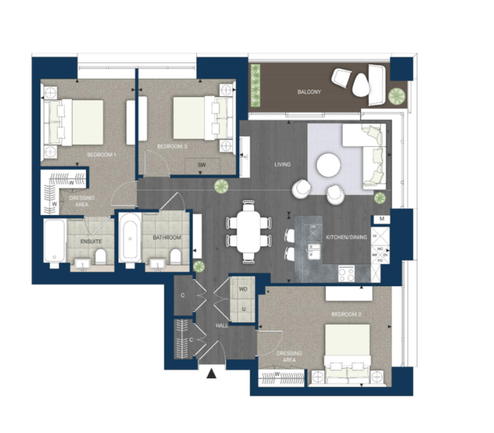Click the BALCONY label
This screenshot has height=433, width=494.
pyautogui.click(x=309, y=92)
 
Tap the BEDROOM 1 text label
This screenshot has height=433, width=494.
pyautogui.click(x=102, y=155)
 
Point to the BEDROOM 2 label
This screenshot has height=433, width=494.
pyautogui.click(x=346, y=314)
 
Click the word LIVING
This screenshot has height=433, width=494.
pyautogui.click(x=282, y=164)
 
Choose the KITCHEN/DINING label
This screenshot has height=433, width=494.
pyautogui.click(x=346, y=237)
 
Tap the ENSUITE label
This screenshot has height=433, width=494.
pyautogui.click(x=91, y=241)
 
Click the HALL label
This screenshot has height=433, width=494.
pyautogui.click(x=222, y=325)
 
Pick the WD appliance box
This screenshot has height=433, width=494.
pyautogui.click(x=243, y=289)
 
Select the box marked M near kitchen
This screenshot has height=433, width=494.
pyautogui.click(x=382, y=219)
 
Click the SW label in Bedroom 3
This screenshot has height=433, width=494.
pyautogui.click(x=201, y=165)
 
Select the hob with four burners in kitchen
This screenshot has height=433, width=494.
pyautogui.click(x=346, y=274)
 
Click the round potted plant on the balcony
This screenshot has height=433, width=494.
pyautogui.click(x=396, y=96)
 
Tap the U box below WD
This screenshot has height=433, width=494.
pyautogui.click(x=243, y=309)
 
